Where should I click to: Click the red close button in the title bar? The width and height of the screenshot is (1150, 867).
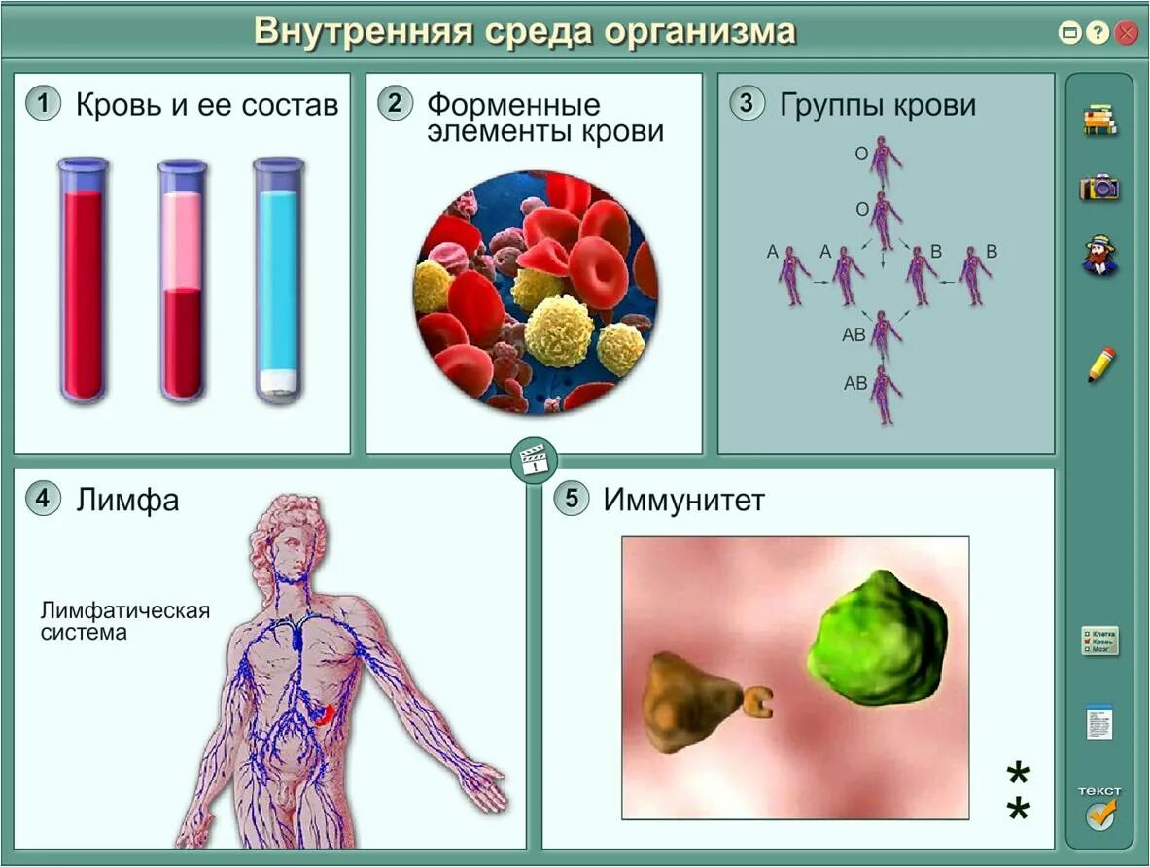click(1127, 33)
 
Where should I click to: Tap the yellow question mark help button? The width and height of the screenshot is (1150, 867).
click(1098, 33)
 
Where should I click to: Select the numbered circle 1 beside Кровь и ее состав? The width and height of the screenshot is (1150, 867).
click(43, 103)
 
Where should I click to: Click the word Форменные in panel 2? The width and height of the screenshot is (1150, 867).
click(513, 104)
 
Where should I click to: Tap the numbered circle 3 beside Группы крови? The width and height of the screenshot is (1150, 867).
click(747, 103)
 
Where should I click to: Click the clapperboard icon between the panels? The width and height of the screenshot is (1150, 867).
click(533, 459)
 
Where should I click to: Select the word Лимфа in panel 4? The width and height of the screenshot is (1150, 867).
click(127, 500)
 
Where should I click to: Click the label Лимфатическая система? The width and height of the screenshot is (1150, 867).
click(125, 621)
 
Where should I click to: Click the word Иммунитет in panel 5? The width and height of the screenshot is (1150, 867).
click(683, 500)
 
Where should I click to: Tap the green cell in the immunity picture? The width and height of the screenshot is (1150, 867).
click(877, 640)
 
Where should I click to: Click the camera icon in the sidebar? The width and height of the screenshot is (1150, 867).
click(1099, 187)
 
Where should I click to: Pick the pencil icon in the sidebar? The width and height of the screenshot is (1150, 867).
click(1100, 364)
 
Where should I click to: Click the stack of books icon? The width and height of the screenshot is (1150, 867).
click(1099, 120)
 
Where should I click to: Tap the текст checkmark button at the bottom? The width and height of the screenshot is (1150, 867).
click(1099, 809)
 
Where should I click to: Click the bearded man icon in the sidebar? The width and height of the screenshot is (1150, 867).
click(1099, 255)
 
